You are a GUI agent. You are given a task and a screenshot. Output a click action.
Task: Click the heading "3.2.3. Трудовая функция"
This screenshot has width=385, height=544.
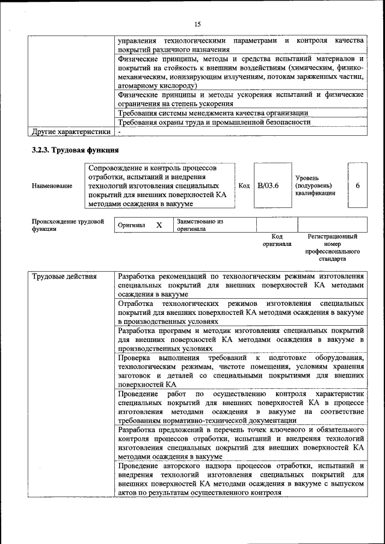(75, 150)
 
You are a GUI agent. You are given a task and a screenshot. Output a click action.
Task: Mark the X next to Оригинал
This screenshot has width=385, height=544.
(159, 225)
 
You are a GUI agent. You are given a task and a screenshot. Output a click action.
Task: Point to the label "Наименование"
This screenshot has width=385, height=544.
(52, 186)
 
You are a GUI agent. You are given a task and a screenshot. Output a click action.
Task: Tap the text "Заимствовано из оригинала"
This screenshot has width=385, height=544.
(200, 225)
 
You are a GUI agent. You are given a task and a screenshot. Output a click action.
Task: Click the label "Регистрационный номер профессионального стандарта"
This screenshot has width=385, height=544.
(332, 248)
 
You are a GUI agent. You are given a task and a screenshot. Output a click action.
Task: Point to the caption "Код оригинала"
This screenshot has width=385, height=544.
(277, 240)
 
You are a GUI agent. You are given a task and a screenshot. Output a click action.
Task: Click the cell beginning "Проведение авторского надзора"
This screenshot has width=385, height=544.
(241, 480)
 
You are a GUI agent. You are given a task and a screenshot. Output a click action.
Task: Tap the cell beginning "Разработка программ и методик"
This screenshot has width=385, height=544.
(241, 339)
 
